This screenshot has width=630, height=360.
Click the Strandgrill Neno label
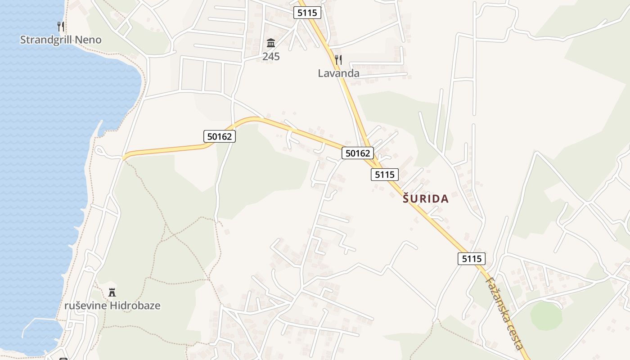point(61,40)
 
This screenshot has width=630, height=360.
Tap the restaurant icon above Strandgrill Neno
point(61,27)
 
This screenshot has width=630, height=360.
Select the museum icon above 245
point(271,43)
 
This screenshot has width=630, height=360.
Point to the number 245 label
point(271,57)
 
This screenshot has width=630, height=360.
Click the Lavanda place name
point(338,73)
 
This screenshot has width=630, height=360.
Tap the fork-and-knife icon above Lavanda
point(338,59)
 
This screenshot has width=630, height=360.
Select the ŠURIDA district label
point(426,199)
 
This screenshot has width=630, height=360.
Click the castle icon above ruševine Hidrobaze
point(112,292)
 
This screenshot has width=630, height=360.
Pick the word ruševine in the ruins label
point(85,306)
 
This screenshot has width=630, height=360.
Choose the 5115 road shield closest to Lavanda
point(307,13)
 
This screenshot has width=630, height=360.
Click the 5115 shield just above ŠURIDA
point(385,175)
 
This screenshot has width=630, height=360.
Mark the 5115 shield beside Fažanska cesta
point(472,259)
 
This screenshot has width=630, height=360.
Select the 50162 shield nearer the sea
point(220,136)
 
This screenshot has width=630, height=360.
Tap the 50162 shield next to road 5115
point(358,153)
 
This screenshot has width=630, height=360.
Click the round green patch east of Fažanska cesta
point(546,315)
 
